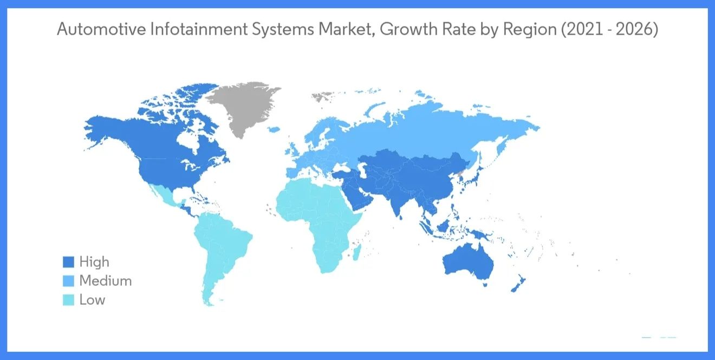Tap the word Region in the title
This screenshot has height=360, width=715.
pyautogui.click(x=530, y=30)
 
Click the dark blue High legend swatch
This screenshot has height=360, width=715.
pyautogui.click(x=68, y=263)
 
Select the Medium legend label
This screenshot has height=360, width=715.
pyautogui.click(x=105, y=281)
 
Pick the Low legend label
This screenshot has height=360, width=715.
pyautogui.click(x=92, y=300)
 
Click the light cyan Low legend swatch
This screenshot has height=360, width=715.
pyautogui.click(x=68, y=300)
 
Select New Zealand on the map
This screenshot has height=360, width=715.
pyautogui.click(x=517, y=284)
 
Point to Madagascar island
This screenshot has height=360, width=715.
pyautogui.click(x=357, y=252)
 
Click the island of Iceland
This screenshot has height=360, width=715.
pyautogui.click(x=274, y=129)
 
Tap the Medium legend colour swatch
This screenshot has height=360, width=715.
pyautogui.click(x=68, y=282)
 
